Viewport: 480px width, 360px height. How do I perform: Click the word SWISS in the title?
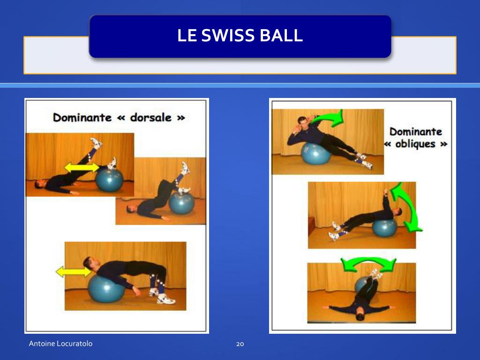pos(228,35)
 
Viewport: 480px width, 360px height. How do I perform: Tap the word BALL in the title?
pos(281,35)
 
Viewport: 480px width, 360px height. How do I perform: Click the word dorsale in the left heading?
pos(150,117)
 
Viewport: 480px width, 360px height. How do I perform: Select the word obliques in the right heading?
pos(415,144)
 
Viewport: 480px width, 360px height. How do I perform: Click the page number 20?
pos(240,344)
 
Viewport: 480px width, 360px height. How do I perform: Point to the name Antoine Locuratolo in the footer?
pos(60,344)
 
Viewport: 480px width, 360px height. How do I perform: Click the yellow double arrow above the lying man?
pos(82,167)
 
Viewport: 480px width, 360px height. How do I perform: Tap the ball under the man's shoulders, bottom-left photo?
pos(106,289)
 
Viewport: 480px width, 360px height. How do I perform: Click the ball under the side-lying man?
pos(316,153)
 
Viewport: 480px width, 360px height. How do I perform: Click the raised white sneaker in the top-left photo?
pos(96,143)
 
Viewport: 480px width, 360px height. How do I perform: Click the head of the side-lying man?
pos(301,121)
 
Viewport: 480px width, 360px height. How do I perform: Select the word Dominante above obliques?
pos(416,132)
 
